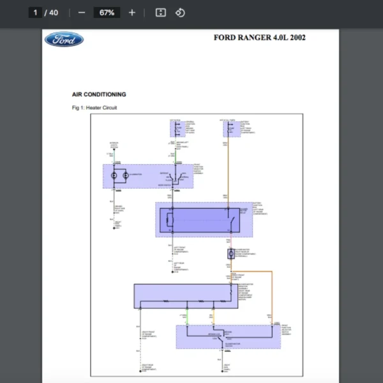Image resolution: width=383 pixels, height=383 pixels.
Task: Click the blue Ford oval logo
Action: click(64, 40)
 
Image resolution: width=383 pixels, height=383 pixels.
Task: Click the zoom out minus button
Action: click(81, 12)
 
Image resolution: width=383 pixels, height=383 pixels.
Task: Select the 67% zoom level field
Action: click(107, 12)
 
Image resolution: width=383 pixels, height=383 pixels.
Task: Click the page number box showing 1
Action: click(36, 12)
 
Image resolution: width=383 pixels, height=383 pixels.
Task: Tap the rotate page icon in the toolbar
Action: click(180, 12)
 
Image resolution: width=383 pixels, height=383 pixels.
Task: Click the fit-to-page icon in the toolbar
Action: click(161, 12)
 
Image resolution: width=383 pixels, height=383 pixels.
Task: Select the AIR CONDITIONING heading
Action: click(99, 94)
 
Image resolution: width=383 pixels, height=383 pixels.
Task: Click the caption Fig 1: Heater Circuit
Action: click(94, 108)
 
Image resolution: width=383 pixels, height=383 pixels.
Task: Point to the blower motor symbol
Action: click(230, 253)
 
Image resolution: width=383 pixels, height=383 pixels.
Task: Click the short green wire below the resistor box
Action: click(187, 316)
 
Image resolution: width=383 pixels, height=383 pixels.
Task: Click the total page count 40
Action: click(54, 12)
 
